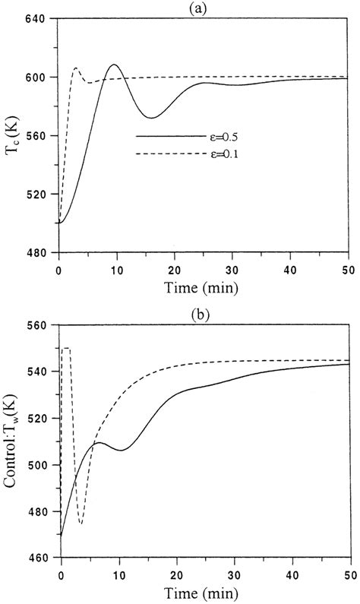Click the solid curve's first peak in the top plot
pyautogui.click(x=114, y=65)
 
